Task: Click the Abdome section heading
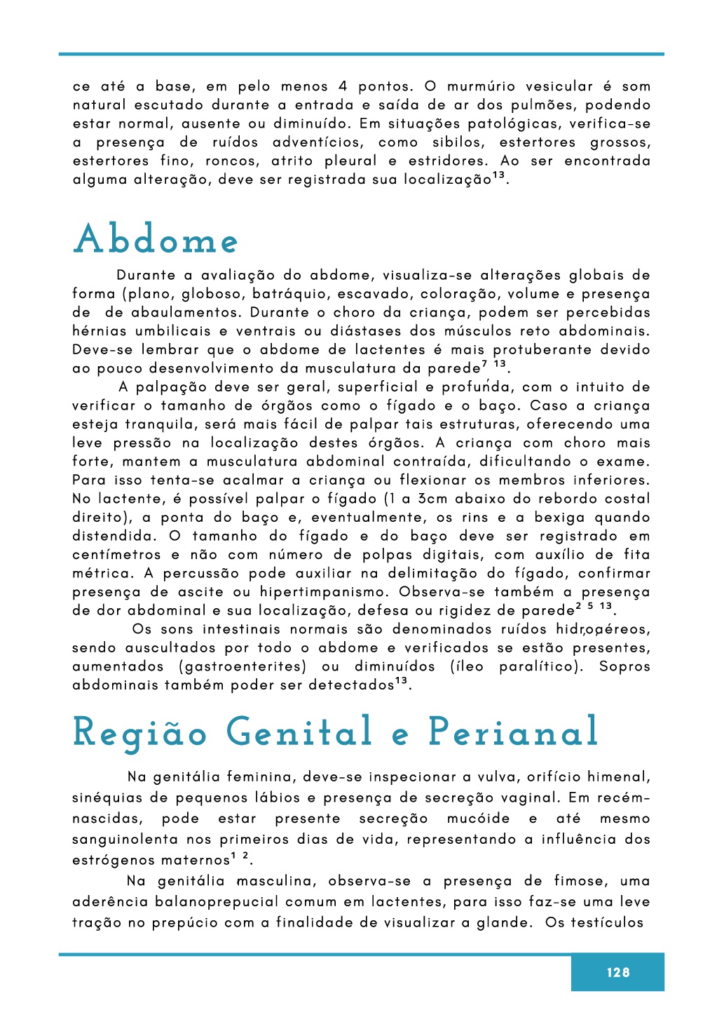pos(156,240)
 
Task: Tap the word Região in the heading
pos(140,732)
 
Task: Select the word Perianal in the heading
pos(513,732)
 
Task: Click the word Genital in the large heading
pos(299,732)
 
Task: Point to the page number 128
pos(617,972)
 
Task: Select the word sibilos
pos(458,142)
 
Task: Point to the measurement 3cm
pos(433,499)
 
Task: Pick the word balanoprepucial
pos(216,902)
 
